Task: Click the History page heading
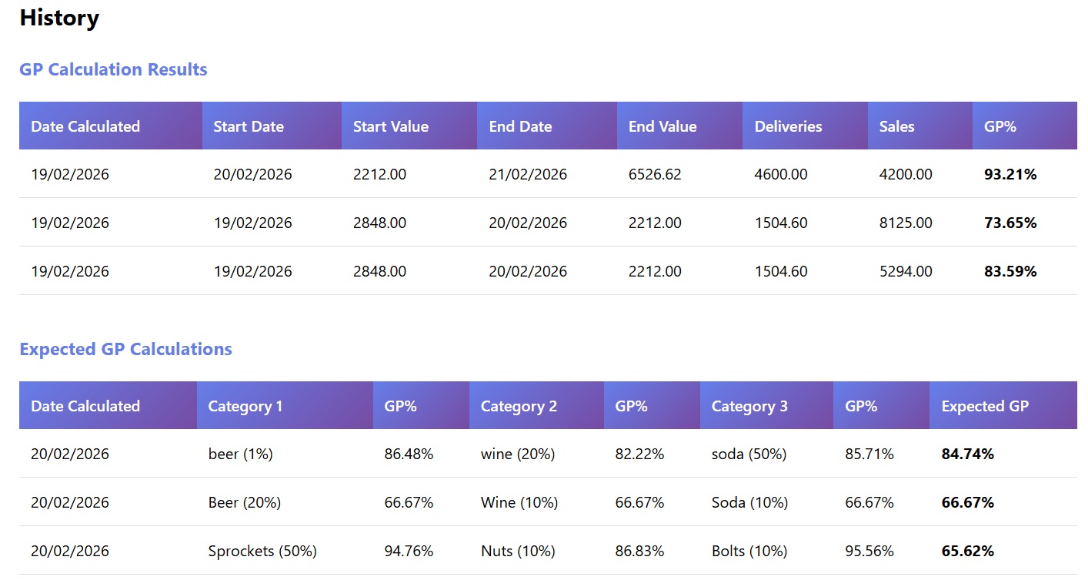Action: (59, 18)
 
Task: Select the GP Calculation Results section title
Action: (113, 69)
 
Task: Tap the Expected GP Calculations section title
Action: (125, 349)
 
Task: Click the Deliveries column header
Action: (788, 126)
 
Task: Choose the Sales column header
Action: (896, 126)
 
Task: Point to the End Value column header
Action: (662, 126)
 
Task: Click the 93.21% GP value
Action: (1010, 175)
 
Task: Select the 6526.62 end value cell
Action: (655, 175)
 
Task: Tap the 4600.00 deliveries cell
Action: (781, 175)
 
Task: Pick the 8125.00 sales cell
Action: (906, 223)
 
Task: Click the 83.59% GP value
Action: (1010, 272)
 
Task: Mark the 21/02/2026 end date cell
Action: (528, 175)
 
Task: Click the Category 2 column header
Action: (519, 406)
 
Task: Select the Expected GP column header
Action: (985, 406)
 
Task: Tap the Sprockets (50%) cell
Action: (262, 552)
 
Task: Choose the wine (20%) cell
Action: (518, 455)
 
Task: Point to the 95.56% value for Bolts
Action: (869, 552)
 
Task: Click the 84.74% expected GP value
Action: (968, 455)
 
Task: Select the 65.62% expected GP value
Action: (968, 552)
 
